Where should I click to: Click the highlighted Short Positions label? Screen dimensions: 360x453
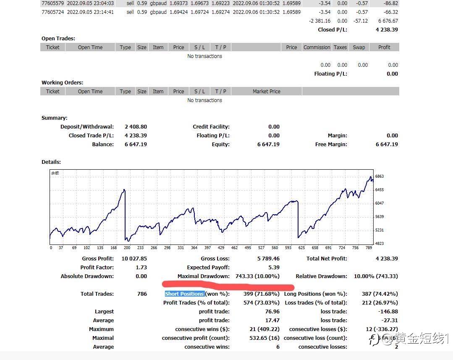point(185,294)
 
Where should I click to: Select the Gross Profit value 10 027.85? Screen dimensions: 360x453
point(134,259)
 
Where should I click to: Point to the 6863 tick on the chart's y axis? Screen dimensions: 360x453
point(379,176)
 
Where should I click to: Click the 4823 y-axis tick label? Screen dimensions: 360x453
point(379,244)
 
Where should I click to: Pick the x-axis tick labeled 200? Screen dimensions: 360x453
point(127,248)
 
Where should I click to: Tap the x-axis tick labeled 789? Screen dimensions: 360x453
point(368,248)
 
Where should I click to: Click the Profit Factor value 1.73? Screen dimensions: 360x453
point(141,268)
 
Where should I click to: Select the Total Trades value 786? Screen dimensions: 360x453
point(142,294)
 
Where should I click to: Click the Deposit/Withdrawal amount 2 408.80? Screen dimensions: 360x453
point(136,127)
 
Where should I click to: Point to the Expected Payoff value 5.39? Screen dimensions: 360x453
point(274,268)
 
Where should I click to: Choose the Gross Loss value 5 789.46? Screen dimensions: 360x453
point(268,259)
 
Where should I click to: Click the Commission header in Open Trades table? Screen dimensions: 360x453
point(317,47)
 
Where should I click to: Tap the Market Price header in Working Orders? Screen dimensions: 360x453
point(266,92)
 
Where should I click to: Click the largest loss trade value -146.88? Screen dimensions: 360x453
point(388,312)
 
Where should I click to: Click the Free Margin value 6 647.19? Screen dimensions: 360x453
point(387,145)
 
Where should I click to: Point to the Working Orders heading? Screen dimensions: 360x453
point(62,83)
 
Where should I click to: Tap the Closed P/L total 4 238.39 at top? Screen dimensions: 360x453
point(387,30)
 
